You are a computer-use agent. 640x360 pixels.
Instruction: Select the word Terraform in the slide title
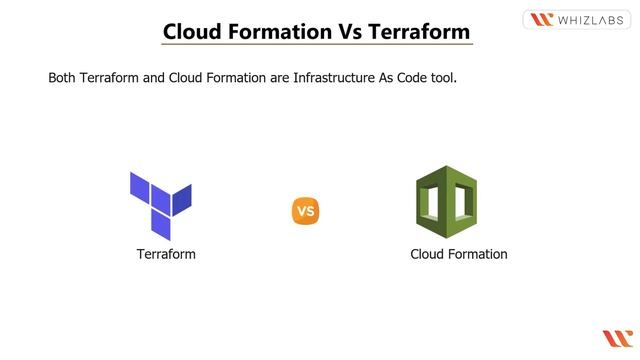[x=419, y=31]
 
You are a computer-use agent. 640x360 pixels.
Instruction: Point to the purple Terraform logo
[x=160, y=204]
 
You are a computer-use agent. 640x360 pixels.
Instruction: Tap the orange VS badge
[x=305, y=211]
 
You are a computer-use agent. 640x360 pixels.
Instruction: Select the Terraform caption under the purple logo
[x=166, y=254]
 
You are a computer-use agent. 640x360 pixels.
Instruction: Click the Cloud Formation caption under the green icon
[x=459, y=254]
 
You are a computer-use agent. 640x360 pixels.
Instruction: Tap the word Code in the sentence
[x=406, y=77]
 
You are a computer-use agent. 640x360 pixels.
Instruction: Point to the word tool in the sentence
[x=441, y=77]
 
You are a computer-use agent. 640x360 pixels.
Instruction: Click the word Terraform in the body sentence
[x=111, y=77]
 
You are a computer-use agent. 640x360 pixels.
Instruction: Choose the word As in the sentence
[x=382, y=77]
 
